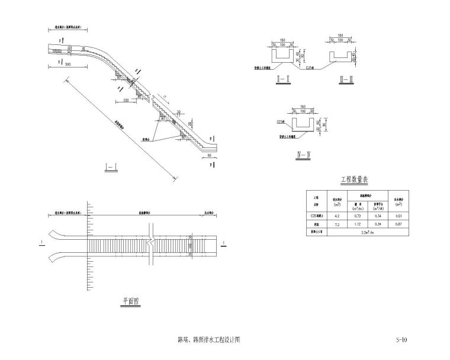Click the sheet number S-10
pos(401,340)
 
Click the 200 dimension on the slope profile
pos(126,101)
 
